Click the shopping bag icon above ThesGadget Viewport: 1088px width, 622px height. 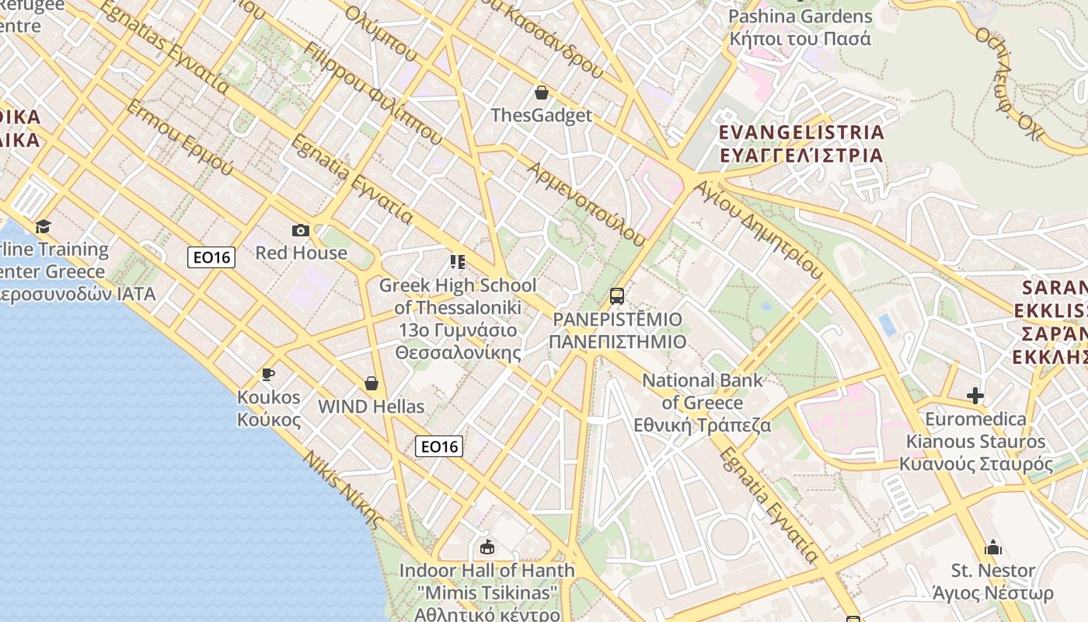(542, 93)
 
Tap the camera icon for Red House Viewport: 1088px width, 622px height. (301, 230)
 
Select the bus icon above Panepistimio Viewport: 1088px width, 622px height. (617, 296)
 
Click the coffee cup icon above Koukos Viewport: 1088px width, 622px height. (268, 375)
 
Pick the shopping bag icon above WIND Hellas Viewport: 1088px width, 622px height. (371, 383)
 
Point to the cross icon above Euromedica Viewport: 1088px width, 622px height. (975, 396)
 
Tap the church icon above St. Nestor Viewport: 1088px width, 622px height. (993, 548)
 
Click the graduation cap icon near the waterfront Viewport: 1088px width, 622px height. (43, 226)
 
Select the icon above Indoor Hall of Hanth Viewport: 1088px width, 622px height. (487, 547)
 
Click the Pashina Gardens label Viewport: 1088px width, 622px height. (800, 16)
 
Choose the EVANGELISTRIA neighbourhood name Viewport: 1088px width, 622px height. (801, 132)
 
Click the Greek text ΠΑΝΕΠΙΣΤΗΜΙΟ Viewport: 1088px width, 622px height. (618, 342)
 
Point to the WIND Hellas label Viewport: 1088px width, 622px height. (371, 407)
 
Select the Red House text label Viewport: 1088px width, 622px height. (302, 253)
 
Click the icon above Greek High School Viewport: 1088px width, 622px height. (457, 262)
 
